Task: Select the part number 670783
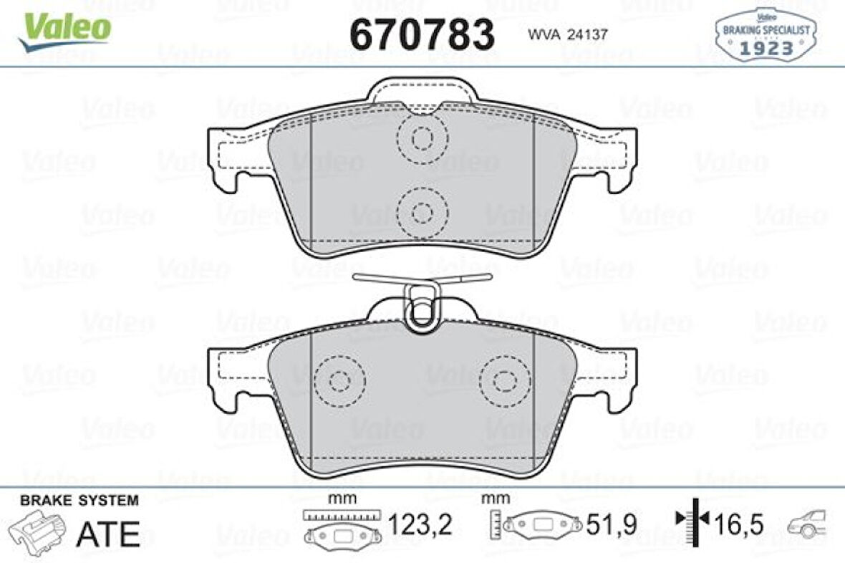[x=422, y=34]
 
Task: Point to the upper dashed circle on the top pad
[x=421, y=138]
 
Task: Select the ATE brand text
[x=107, y=533]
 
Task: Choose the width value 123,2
[x=420, y=526]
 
